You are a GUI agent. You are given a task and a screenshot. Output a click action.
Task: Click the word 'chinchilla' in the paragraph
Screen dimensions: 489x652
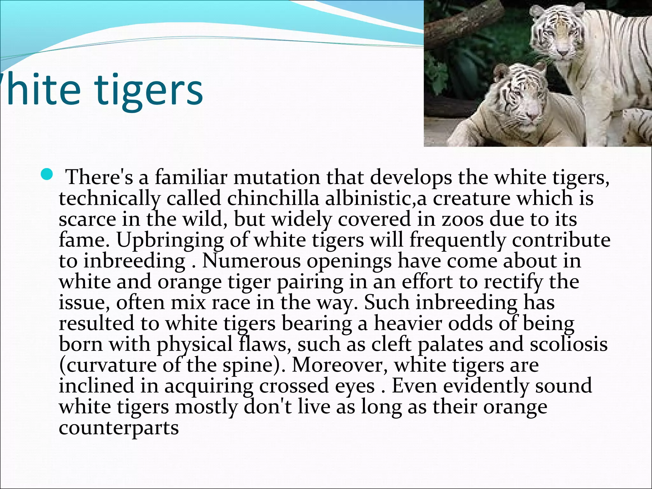coord(273,198)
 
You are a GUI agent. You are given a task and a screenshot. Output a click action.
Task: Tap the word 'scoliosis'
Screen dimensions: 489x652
coord(569,344)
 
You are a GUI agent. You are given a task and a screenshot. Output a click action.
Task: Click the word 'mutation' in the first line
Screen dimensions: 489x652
coord(276,177)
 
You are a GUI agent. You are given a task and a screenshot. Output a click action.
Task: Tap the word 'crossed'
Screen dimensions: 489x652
coord(294,386)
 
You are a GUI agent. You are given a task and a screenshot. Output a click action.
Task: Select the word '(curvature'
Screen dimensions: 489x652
coord(108,365)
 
